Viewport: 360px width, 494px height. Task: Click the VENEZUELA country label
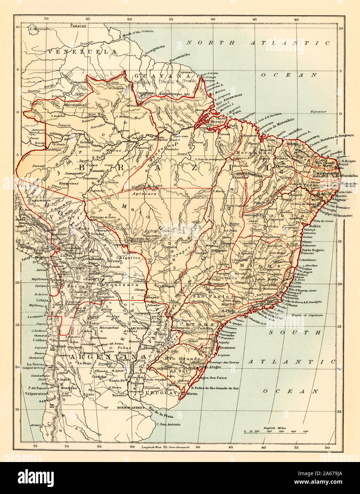tap(83, 52)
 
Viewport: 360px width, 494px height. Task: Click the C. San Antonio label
tap(168, 424)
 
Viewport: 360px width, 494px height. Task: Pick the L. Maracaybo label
tap(42, 28)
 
